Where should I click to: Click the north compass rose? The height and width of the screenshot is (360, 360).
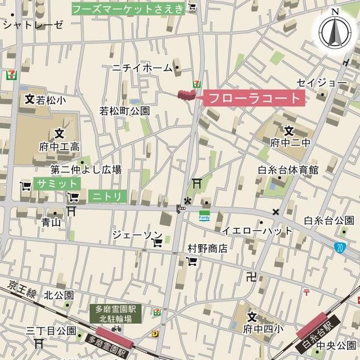point(335,31)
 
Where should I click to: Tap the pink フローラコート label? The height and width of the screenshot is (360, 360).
point(255,98)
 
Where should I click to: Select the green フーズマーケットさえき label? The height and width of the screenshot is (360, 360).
point(128,8)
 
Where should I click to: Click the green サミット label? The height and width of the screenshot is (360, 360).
point(57,183)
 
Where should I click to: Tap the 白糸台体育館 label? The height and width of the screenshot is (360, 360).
point(288,170)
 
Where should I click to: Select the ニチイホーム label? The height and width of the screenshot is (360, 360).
point(142,68)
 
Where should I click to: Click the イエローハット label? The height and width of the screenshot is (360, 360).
point(257,231)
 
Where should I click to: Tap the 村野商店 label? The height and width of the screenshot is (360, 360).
point(207,248)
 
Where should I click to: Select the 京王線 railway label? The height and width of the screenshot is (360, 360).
point(22,289)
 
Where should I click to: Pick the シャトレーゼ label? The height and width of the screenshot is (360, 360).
point(33,24)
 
